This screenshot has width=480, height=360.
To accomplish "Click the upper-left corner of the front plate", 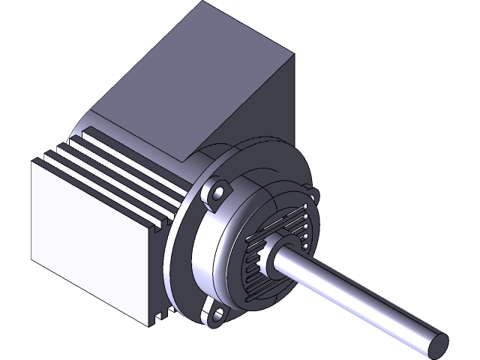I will [x=32, y=160].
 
